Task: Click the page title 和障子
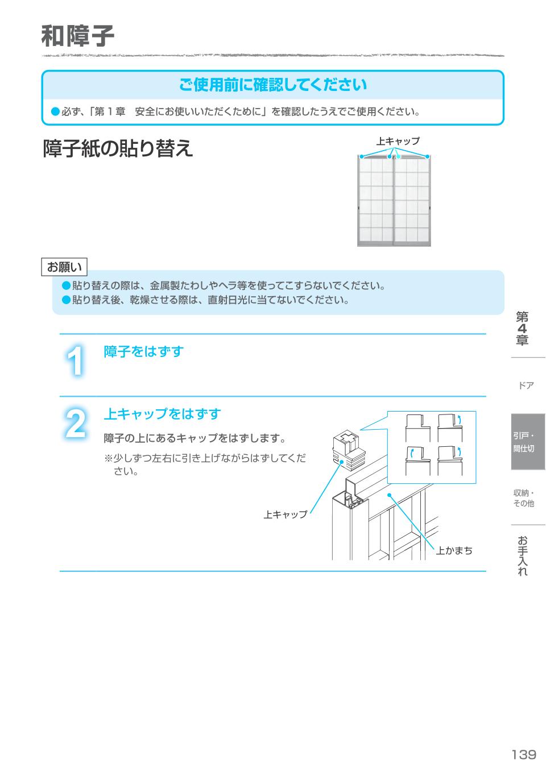pyautogui.click(x=78, y=37)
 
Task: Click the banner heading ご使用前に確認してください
pyautogui.click(x=273, y=85)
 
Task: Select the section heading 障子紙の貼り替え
pyautogui.click(x=118, y=149)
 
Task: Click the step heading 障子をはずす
pyautogui.click(x=143, y=352)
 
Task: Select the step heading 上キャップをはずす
pyautogui.click(x=162, y=414)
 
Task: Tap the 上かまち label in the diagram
pyautogui.click(x=454, y=551)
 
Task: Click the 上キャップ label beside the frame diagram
pyautogui.click(x=285, y=514)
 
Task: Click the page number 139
pyautogui.click(x=523, y=754)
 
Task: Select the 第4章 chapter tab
pyautogui.click(x=522, y=329)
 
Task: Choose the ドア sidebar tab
pyautogui.click(x=526, y=386)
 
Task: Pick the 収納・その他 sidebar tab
pyautogui.click(x=524, y=498)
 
